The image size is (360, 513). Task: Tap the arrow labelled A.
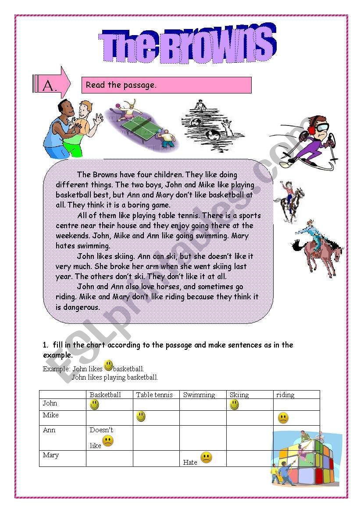click(x=52, y=83)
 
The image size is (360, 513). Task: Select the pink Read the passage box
click(x=166, y=85)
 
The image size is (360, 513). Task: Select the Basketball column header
click(x=105, y=395)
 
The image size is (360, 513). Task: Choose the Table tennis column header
click(x=154, y=395)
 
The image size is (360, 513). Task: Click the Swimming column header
click(x=199, y=395)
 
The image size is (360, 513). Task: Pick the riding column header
click(x=285, y=395)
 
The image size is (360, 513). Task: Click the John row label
click(x=50, y=403)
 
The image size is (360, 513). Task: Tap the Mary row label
click(x=51, y=455)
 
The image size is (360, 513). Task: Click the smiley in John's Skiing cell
click(x=234, y=405)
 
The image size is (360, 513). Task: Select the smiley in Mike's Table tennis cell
click(x=141, y=416)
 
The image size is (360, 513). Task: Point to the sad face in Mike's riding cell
click(x=283, y=418)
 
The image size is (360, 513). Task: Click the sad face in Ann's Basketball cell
click(x=107, y=441)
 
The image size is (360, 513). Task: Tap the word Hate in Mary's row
click(x=190, y=462)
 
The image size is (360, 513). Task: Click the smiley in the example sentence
click(x=108, y=366)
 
